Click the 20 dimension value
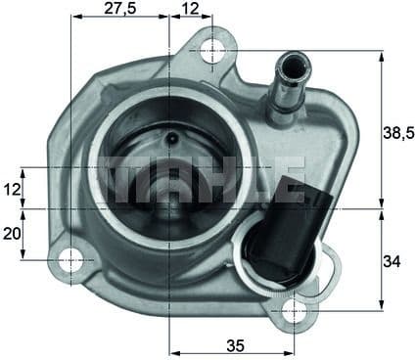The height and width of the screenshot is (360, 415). pyautogui.click(x=12, y=235)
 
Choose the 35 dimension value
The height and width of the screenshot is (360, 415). pyautogui.click(x=233, y=343)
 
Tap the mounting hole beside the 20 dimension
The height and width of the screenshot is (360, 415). pyautogui.click(x=71, y=260)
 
